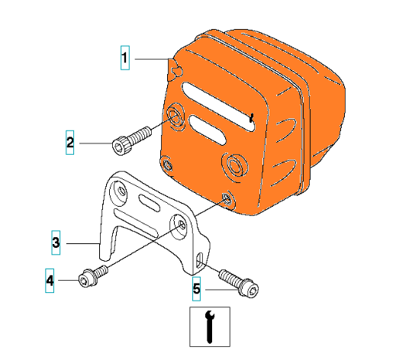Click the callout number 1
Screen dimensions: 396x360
click(x=124, y=58)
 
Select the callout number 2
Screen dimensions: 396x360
click(x=70, y=143)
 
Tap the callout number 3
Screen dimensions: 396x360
click(x=56, y=243)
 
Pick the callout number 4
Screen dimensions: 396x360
click(x=50, y=281)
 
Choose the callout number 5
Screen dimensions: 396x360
click(x=196, y=289)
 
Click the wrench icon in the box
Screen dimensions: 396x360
click(x=210, y=326)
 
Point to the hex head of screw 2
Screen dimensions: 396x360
click(x=119, y=146)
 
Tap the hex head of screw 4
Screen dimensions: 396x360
click(x=85, y=278)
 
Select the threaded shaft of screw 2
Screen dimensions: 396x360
click(x=139, y=133)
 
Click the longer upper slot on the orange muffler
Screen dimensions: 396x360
click(x=218, y=106)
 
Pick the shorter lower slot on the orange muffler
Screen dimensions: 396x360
click(x=208, y=130)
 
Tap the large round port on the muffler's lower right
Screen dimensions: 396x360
click(x=234, y=166)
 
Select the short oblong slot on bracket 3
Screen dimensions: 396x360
click(x=150, y=203)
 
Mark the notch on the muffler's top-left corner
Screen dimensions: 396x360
click(x=176, y=69)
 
